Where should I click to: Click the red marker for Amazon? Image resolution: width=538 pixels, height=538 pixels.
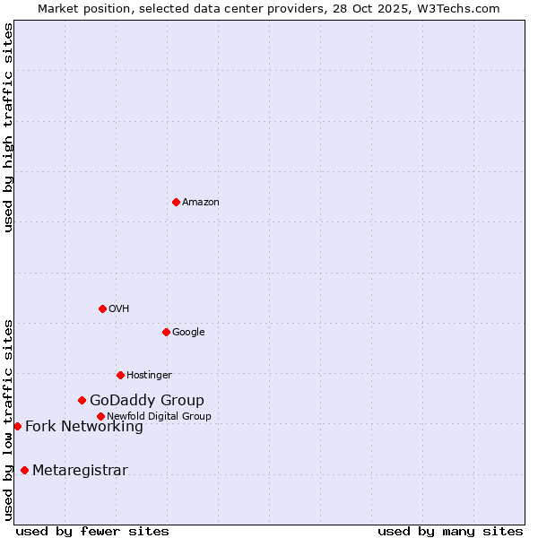[x=176, y=202]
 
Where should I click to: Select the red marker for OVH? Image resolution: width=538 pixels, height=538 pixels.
[x=102, y=308]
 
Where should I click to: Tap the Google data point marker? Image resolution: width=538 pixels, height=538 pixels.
[x=166, y=332]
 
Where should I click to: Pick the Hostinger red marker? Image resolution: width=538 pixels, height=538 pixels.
[x=120, y=375]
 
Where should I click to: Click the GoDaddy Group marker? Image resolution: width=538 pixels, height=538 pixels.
[x=82, y=400]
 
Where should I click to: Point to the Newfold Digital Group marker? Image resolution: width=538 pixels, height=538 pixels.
[x=100, y=416]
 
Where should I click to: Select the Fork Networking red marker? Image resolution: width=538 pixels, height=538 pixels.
[x=17, y=426]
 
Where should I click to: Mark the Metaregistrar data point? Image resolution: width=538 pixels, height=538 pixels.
[x=24, y=470]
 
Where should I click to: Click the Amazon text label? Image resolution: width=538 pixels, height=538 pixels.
[x=201, y=203]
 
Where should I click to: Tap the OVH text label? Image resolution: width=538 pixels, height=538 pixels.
[x=119, y=309]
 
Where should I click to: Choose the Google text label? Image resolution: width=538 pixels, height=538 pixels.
[x=188, y=333]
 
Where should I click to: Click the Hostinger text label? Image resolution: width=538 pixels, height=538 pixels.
[x=149, y=376]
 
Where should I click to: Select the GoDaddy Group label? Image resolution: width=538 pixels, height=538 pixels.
[x=147, y=401]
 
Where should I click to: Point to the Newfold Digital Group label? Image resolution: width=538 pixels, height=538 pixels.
[x=159, y=417]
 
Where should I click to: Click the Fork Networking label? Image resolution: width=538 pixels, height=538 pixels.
[x=84, y=427]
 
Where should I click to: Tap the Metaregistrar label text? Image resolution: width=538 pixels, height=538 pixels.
[x=80, y=471]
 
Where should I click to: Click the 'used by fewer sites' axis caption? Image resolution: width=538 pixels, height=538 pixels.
[x=92, y=531]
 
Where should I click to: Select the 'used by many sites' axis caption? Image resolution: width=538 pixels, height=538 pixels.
[x=450, y=531]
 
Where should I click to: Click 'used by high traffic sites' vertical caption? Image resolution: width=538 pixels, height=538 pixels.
[x=8, y=127]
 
